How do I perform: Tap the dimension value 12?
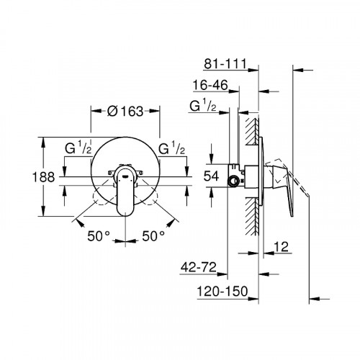283,247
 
